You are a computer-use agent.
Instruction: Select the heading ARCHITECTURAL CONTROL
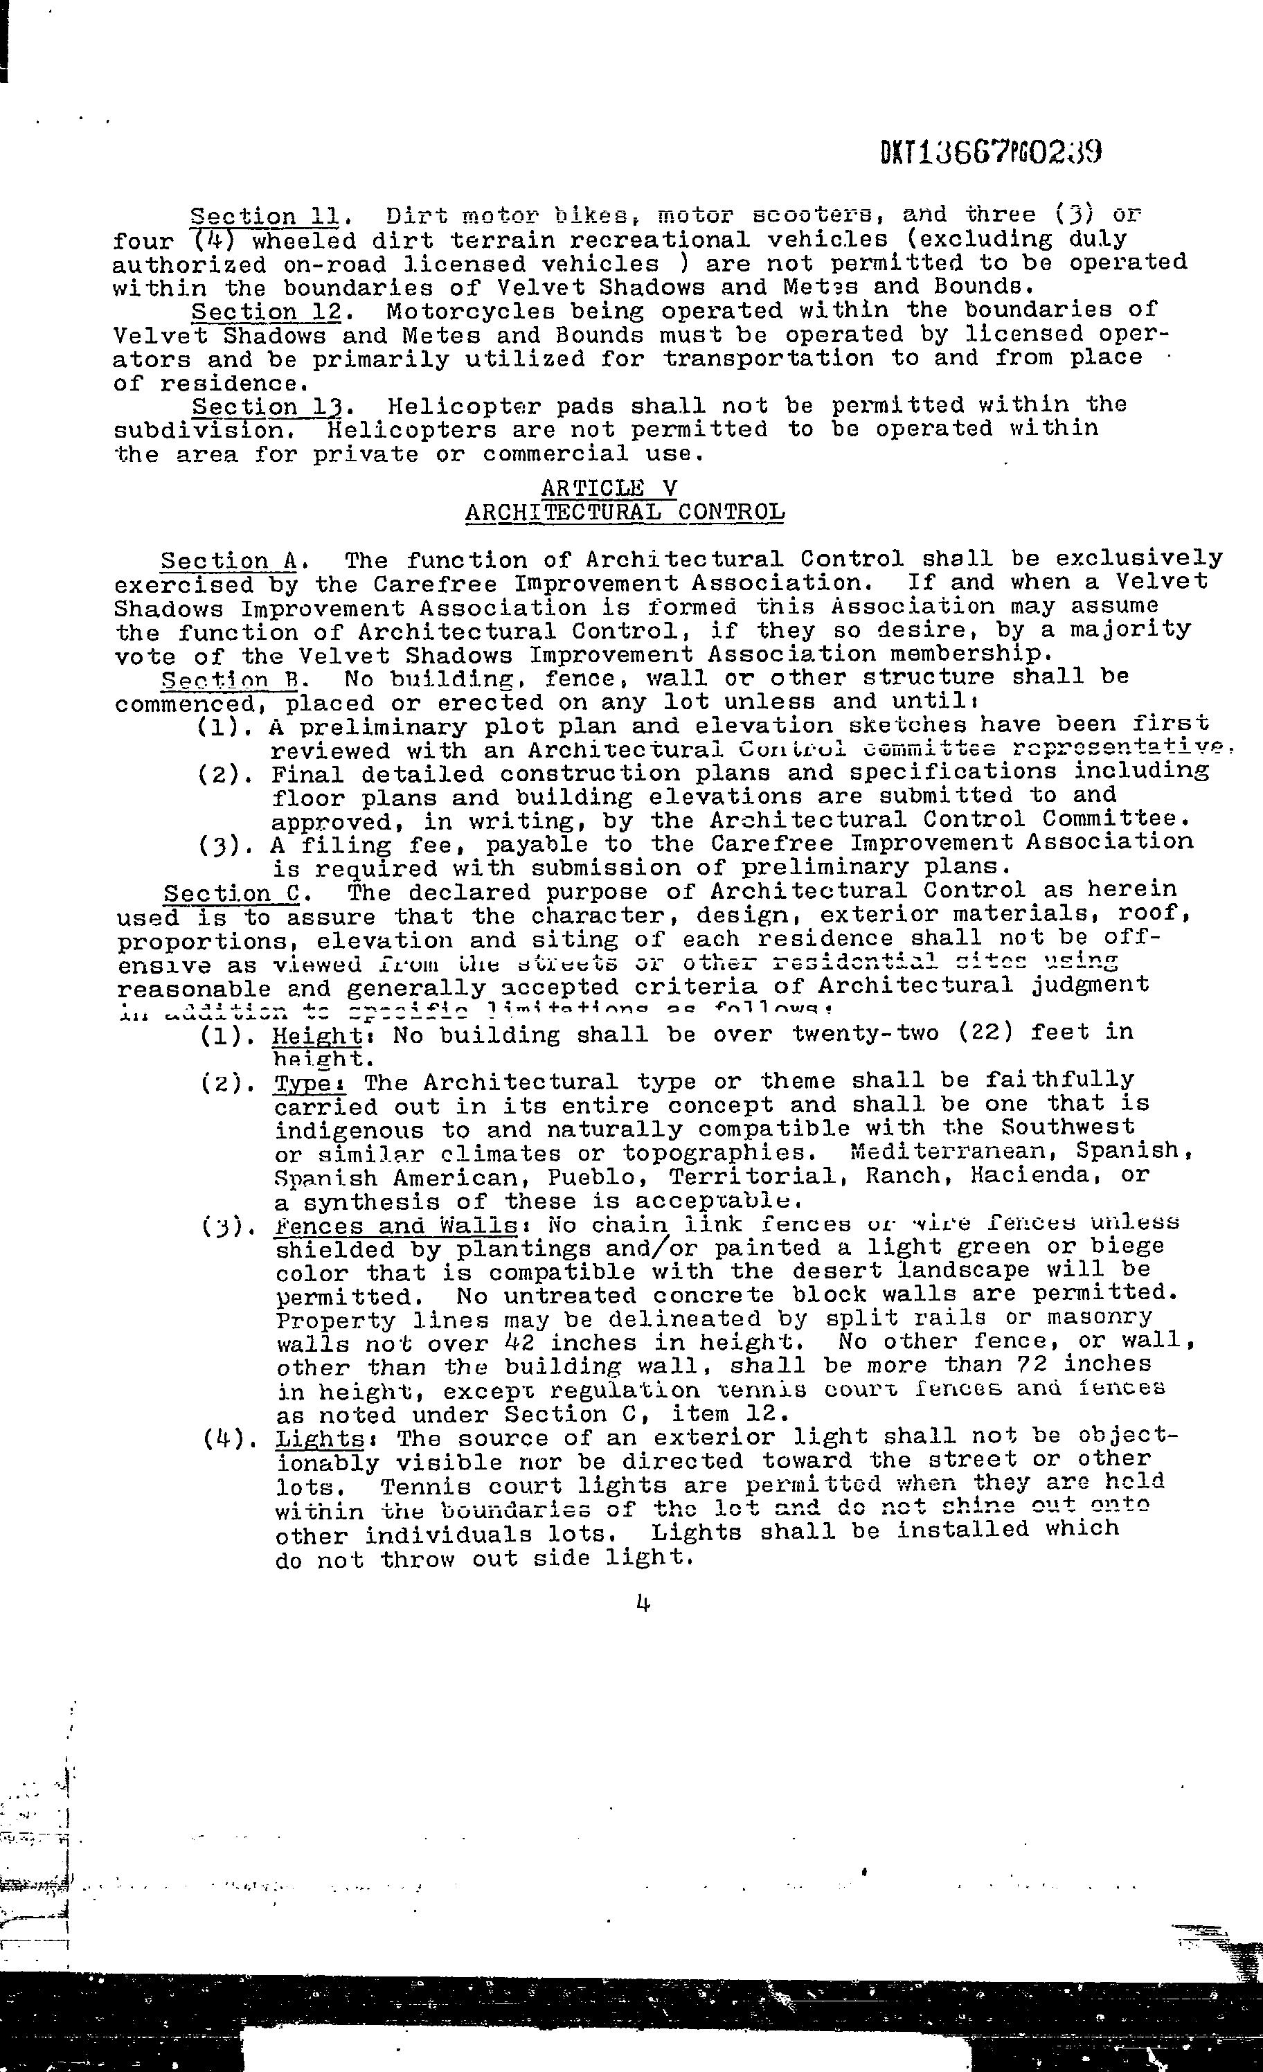pyautogui.click(x=624, y=512)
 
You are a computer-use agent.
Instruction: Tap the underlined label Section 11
pyautogui.click(x=264, y=217)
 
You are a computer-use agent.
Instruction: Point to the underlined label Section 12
pyautogui.click(x=265, y=312)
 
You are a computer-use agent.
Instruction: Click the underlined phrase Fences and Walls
pyautogui.click(x=395, y=1225)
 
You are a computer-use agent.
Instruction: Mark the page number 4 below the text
pyautogui.click(x=643, y=1605)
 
